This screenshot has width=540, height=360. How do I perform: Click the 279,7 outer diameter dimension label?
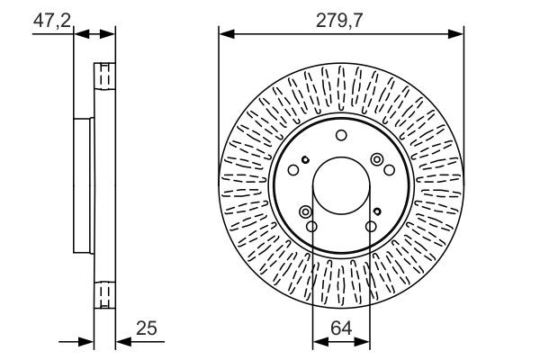tap(339, 21)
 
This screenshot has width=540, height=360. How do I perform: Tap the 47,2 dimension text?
tap(52, 21)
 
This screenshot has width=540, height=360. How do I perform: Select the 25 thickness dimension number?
tap(147, 328)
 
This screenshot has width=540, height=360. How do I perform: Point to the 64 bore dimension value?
tap(341, 328)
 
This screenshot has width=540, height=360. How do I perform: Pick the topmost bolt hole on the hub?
tap(341, 135)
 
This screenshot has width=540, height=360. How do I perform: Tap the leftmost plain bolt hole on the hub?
tap(293, 170)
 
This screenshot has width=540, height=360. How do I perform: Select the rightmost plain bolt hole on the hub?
tap(389, 170)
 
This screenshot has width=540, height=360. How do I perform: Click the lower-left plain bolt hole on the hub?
tap(311, 226)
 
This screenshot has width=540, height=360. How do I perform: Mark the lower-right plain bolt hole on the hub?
tap(371, 226)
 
